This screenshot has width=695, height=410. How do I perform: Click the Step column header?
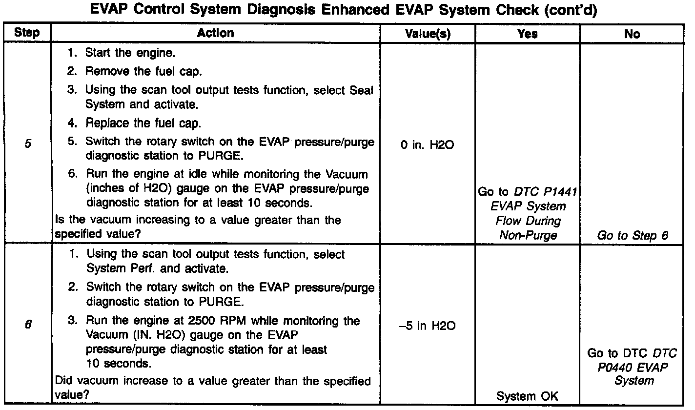(x=27, y=33)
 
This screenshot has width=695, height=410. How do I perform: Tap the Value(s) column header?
(x=428, y=34)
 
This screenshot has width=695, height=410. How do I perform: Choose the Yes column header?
(x=527, y=34)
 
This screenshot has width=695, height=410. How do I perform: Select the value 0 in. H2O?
(x=428, y=145)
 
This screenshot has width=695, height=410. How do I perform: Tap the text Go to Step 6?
(x=632, y=235)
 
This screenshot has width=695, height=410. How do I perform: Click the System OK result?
(x=527, y=396)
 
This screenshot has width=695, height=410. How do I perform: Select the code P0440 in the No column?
(x=615, y=367)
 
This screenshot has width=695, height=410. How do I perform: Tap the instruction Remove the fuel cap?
(x=143, y=71)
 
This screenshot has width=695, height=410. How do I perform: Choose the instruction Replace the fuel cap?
(x=143, y=123)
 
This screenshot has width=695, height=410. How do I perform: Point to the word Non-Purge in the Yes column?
(x=527, y=235)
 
